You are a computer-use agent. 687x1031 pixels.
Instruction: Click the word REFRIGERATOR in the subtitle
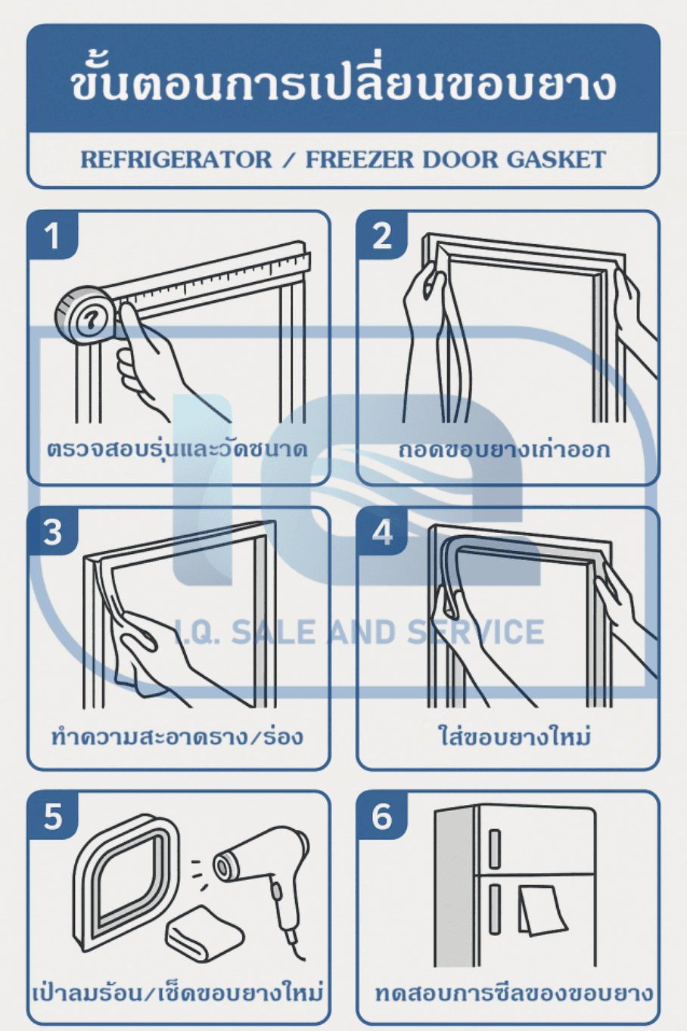(x=176, y=159)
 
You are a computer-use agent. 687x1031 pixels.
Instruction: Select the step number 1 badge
(x=52, y=236)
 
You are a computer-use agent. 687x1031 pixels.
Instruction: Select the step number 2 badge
(x=382, y=236)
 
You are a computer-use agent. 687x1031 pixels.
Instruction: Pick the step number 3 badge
(x=52, y=531)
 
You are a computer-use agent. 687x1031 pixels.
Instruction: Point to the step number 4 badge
(x=382, y=531)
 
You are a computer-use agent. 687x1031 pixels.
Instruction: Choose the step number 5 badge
(x=52, y=816)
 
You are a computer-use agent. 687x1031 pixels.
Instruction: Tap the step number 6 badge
(x=382, y=816)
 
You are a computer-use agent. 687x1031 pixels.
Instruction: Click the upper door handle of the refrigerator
(x=494, y=848)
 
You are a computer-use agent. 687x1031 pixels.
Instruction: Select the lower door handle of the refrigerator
(x=494, y=908)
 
